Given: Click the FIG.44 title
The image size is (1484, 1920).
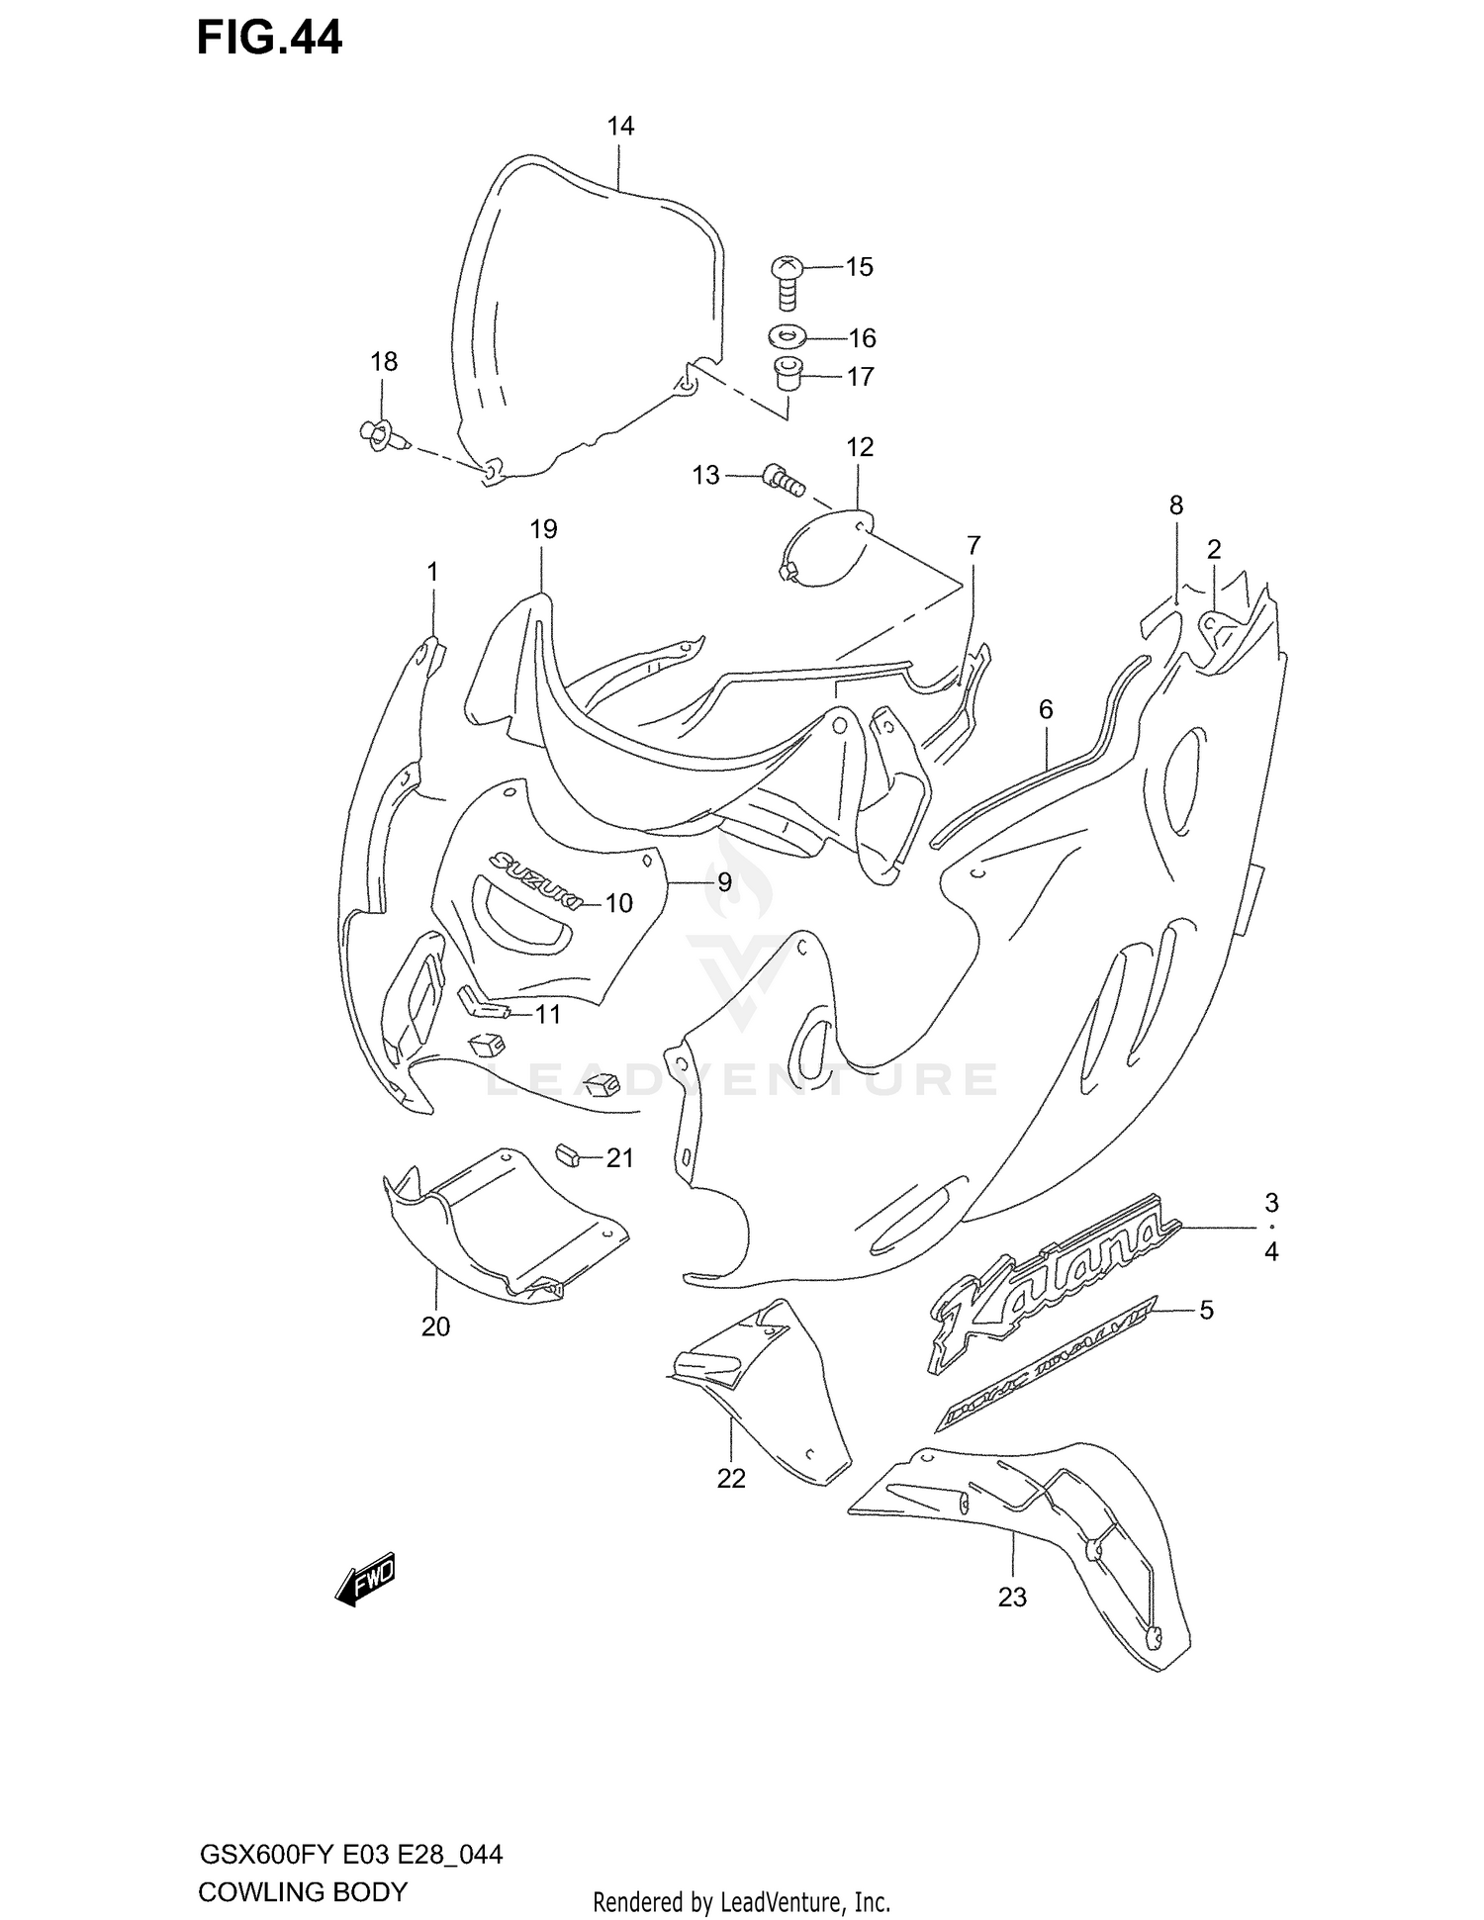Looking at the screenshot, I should click(x=269, y=38).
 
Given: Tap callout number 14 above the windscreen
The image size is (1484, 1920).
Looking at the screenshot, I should click(x=620, y=127).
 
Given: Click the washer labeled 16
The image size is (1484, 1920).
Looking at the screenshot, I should click(x=785, y=337).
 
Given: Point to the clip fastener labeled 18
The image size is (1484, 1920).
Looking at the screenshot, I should click(x=380, y=435).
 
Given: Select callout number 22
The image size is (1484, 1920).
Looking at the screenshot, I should click(x=731, y=1478).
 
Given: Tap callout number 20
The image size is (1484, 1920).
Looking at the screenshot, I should click(x=435, y=1326).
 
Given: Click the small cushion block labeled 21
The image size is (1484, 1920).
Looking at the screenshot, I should click(x=567, y=1153).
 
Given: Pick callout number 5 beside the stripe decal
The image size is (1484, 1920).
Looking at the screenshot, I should click(x=1206, y=1310).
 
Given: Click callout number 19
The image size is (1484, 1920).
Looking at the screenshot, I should click(x=543, y=529).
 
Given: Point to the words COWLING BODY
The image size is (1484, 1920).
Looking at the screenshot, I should click(x=303, y=1891).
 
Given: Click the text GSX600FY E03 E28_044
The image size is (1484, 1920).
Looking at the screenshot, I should click(x=351, y=1854).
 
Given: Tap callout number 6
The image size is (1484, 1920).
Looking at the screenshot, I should click(x=1046, y=709).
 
